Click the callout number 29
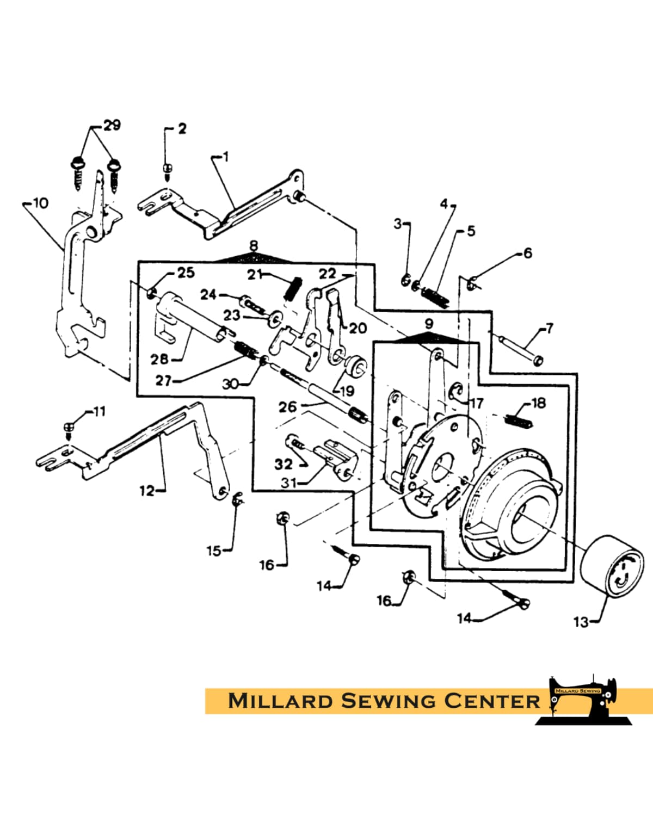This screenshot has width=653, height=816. pyautogui.click(x=112, y=125)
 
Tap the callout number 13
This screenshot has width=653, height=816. pyautogui.click(x=581, y=621)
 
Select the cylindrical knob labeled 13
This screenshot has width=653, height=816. pyautogui.click(x=611, y=566)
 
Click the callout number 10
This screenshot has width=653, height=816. pyautogui.click(x=40, y=203)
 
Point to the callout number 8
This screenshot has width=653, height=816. pyautogui.click(x=254, y=246)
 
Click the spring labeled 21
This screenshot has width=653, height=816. pyautogui.click(x=293, y=288)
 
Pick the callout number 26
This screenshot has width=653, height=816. pyautogui.click(x=287, y=406)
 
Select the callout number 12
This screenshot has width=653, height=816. pyautogui.click(x=147, y=491)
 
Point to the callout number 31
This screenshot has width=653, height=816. pyautogui.click(x=289, y=483)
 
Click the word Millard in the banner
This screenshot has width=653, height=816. pyautogui.click(x=280, y=700)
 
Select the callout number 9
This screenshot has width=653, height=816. pyautogui.click(x=429, y=324)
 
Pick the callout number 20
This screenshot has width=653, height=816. pyautogui.click(x=358, y=328)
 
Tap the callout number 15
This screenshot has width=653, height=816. pyautogui.click(x=213, y=551)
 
